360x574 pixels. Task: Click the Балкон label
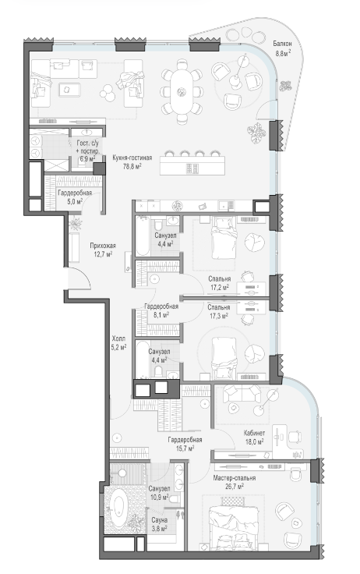(282, 44)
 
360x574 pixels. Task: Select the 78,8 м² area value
(132, 165)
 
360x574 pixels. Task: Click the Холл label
(118, 338)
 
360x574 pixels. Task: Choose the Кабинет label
(254, 433)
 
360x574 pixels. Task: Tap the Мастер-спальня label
(235, 478)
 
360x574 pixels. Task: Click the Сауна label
(160, 520)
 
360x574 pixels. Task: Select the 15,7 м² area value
(185, 448)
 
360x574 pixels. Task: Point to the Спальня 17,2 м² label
(220, 282)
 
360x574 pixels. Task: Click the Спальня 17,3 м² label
(219, 311)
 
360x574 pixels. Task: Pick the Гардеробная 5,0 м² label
(75, 197)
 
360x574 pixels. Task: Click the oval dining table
(182, 91)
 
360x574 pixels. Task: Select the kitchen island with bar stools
(192, 163)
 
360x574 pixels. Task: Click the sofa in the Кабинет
(242, 393)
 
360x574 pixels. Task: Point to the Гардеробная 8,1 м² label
(161, 310)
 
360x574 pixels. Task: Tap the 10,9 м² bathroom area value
(159, 497)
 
